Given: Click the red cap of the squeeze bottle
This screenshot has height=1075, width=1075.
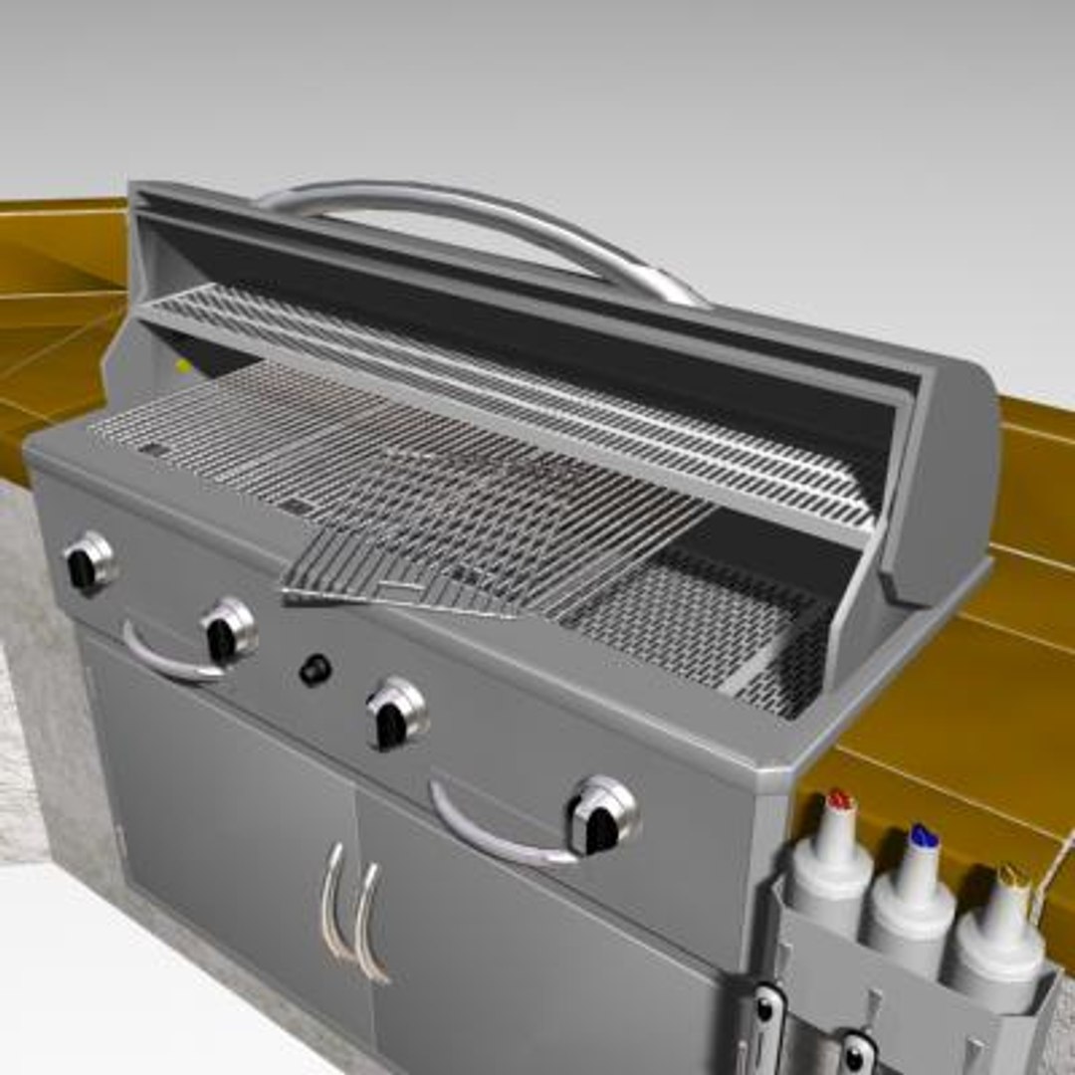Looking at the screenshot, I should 841,798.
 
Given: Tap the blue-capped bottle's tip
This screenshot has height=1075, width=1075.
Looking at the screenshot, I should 924,836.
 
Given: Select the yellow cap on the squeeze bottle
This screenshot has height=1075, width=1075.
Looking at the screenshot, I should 1013,876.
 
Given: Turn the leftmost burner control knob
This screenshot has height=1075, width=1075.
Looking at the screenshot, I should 88,562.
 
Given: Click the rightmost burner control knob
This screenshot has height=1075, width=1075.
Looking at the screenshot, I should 602,816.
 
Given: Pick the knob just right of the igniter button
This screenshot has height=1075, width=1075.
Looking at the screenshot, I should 396,714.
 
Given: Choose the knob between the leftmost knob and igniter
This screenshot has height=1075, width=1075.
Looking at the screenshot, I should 228,630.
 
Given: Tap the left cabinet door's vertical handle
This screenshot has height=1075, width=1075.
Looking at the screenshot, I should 331,901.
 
